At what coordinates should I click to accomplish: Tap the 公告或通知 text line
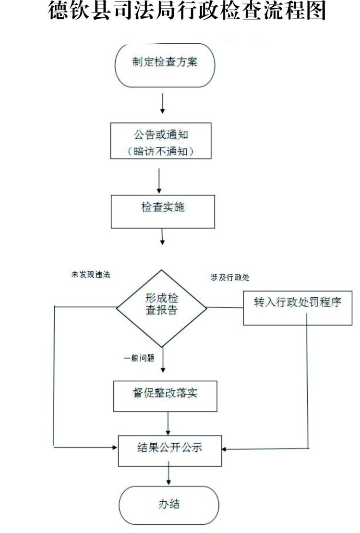click(161, 135)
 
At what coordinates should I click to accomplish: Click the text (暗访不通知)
click(161, 151)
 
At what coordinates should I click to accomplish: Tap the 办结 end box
click(169, 505)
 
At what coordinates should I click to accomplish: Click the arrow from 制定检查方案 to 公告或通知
click(163, 103)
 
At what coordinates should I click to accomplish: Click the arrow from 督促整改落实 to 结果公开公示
click(168, 423)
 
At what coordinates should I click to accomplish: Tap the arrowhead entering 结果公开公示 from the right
click(225, 449)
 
